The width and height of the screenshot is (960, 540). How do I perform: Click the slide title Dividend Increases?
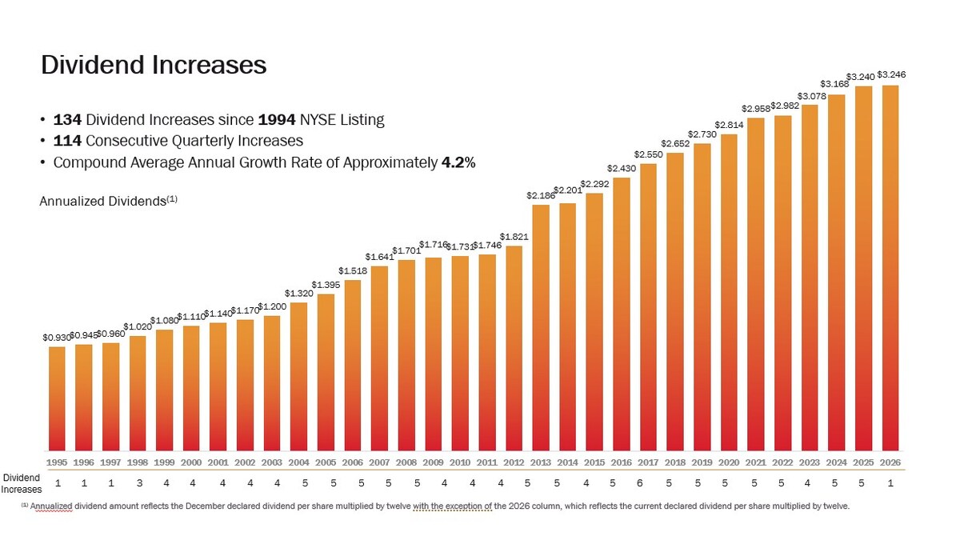click(x=154, y=65)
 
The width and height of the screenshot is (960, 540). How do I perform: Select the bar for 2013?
click(x=541, y=328)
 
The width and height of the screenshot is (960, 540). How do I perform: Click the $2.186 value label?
click(x=541, y=195)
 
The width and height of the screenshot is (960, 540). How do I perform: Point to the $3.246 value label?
click(x=891, y=74)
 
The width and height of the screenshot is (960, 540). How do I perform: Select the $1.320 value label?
click(x=299, y=294)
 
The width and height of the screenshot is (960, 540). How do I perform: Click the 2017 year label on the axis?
click(x=648, y=462)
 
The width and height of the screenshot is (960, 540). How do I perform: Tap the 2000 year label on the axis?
click(x=191, y=462)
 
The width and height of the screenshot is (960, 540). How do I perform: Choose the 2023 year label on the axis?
click(x=810, y=462)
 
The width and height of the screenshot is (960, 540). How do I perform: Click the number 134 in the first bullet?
click(x=68, y=120)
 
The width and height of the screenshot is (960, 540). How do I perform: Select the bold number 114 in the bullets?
click(x=68, y=141)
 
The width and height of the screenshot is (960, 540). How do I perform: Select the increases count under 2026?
click(x=890, y=483)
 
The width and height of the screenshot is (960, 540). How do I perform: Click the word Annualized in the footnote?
click(x=50, y=506)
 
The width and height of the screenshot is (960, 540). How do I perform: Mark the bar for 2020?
click(x=729, y=292)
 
